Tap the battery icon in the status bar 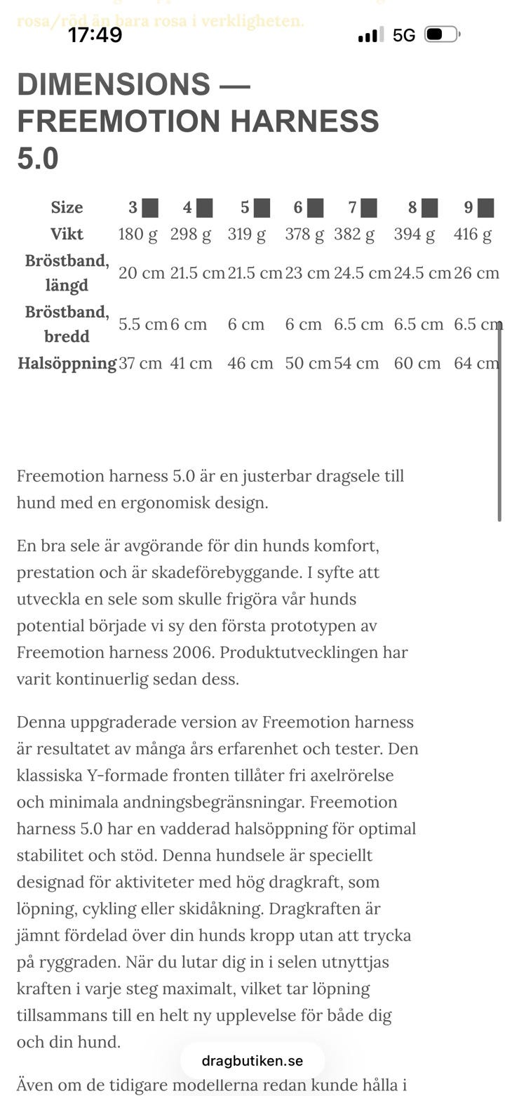[441, 34]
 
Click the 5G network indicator [404, 35]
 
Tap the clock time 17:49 [95, 34]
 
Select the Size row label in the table [67, 207]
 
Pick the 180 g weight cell [137, 234]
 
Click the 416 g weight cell [473, 234]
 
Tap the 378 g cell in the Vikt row [304, 234]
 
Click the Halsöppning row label [67, 363]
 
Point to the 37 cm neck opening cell [140, 363]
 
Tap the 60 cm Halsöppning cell [417, 363]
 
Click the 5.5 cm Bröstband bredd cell [143, 324]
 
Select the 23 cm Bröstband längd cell [307, 272]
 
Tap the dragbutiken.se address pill [252, 1060]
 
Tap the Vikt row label [67, 234]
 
